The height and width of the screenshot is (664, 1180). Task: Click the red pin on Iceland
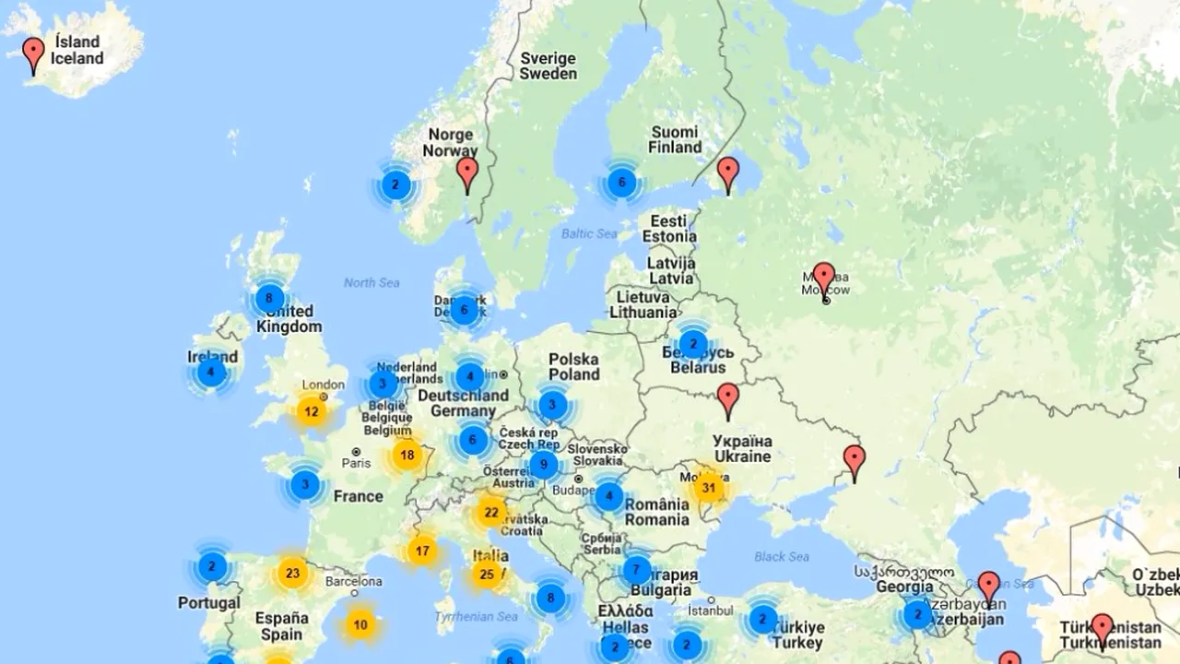click(x=34, y=53)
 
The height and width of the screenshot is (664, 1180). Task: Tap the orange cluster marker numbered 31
click(x=708, y=487)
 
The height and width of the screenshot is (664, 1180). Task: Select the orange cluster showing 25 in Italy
click(x=487, y=575)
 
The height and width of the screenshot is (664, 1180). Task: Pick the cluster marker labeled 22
click(x=490, y=512)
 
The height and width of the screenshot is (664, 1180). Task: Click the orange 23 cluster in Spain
click(x=292, y=573)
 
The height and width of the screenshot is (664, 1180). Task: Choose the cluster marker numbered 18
click(x=407, y=455)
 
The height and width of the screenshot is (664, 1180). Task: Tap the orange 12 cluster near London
click(x=312, y=411)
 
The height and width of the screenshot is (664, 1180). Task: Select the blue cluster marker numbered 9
click(x=543, y=465)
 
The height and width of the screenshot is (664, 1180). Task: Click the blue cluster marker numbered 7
click(x=636, y=570)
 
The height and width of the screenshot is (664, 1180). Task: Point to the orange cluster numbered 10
click(x=360, y=624)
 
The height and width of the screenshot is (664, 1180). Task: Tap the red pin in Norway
click(x=467, y=172)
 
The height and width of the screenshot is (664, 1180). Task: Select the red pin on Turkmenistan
click(x=1102, y=630)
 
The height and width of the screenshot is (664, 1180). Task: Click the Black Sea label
click(x=782, y=556)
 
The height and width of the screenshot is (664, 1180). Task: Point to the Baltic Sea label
click(x=589, y=233)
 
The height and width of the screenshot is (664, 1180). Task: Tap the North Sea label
click(x=372, y=282)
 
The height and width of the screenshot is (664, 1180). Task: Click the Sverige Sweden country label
click(x=548, y=65)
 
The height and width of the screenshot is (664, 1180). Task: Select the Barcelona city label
click(x=353, y=581)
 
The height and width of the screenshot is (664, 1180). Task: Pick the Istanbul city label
click(x=709, y=610)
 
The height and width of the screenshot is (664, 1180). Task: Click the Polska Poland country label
click(x=573, y=366)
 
